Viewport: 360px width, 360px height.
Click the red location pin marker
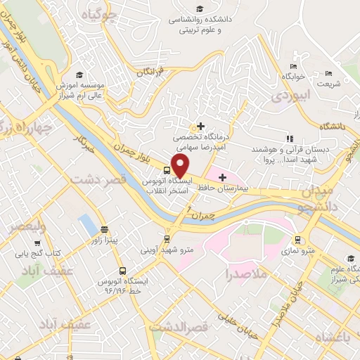pos(181,166)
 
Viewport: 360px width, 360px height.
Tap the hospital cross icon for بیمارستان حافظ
pos(223,176)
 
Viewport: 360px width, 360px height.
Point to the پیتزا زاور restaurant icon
pos(104,229)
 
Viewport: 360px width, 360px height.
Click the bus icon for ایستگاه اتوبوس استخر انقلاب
pos(167,169)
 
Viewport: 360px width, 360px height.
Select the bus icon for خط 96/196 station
pos(123,270)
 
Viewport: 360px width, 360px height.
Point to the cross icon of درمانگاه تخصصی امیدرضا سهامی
pos(202,126)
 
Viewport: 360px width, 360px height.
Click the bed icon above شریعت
pos(328,73)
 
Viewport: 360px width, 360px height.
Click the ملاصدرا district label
pos(247,274)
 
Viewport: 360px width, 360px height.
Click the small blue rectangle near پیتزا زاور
pos(87,224)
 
